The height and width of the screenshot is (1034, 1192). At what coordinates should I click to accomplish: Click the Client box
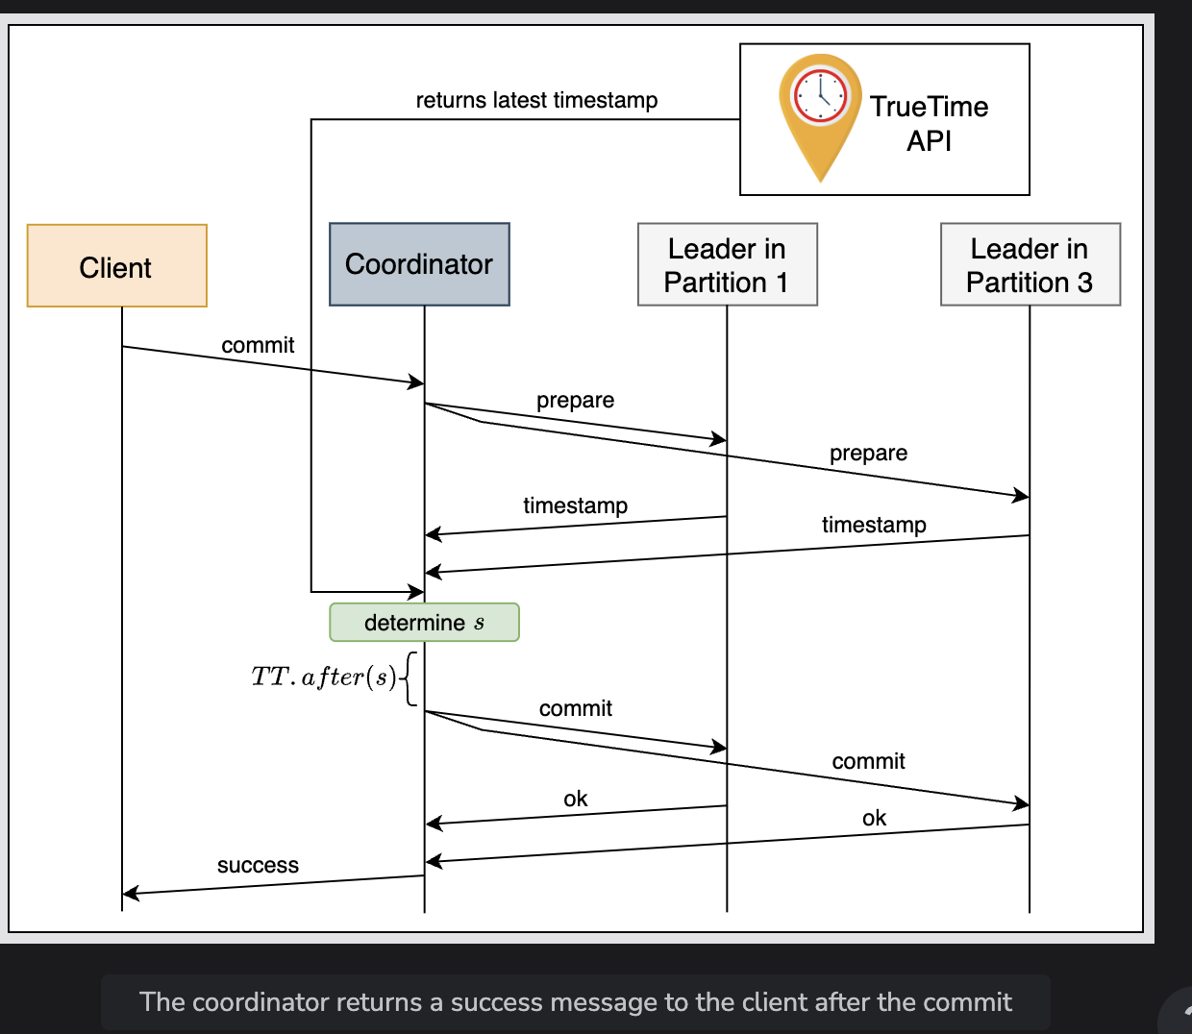pos(117,265)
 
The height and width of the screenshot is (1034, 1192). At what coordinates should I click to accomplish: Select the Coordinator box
pos(419,264)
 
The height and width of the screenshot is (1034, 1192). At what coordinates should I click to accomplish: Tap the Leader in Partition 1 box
pos(728,264)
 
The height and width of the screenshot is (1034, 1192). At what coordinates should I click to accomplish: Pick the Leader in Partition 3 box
pos(1031,264)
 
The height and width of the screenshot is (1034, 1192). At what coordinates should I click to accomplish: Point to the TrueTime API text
pos(930,123)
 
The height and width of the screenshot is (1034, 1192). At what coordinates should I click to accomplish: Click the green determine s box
pos(424,623)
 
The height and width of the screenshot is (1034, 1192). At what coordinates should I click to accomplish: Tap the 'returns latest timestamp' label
pos(536,100)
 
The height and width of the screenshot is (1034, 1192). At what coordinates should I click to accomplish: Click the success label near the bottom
pos(258,865)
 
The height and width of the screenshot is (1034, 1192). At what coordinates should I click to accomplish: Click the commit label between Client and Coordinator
pos(258,345)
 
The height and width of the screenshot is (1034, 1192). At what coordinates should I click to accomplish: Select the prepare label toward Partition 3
pos(868,454)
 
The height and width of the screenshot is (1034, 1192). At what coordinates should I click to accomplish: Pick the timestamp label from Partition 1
pos(575,505)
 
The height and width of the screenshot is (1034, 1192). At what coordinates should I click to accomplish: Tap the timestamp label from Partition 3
pos(874,525)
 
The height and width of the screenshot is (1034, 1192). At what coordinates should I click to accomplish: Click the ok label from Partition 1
pos(575,799)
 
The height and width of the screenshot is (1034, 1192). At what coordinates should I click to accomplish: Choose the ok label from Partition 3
pos(874,818)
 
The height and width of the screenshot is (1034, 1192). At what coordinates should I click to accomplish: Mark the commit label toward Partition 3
pos(868,761)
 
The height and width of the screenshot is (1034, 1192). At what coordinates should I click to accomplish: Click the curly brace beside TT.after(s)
pos(410,678)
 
